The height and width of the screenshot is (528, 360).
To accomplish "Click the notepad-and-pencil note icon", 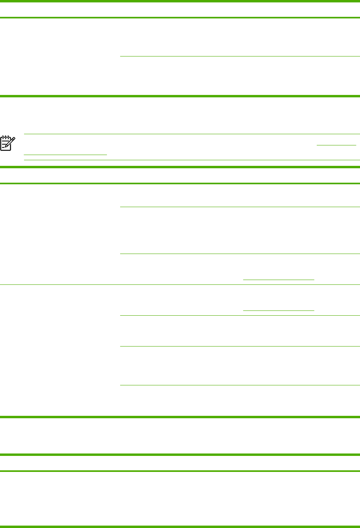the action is tap(8, 143).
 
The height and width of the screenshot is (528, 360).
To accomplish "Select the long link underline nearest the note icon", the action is tap(66, 154).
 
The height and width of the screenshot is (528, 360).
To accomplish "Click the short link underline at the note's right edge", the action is tap(336, 145).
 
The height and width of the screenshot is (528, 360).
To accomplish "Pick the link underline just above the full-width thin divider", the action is tap(279, 279).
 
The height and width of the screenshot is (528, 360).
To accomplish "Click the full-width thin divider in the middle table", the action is tap(180, 284).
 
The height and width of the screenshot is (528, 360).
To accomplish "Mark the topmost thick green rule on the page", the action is tap(180, 1).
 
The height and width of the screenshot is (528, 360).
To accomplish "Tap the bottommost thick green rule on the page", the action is tap(180, 526).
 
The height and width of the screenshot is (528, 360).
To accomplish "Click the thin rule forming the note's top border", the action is tap(192, 134).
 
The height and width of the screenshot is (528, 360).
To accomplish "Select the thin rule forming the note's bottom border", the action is tap(192, 160).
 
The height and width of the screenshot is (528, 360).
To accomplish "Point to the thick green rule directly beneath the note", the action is tap(180, 167).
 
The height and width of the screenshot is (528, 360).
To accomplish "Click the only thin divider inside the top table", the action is tap(240, 56).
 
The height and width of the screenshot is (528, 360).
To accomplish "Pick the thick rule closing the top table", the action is tap(180, 96).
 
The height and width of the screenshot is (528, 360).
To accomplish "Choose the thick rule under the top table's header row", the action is tap(180, 18).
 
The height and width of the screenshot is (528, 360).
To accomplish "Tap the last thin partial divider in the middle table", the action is tap(240, 385).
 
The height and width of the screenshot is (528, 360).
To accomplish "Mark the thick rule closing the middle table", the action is tap(180, 417).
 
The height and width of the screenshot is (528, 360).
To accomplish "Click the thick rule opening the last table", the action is tap(180, 455).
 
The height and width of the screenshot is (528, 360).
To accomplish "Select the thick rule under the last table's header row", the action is tap(180, 471).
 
